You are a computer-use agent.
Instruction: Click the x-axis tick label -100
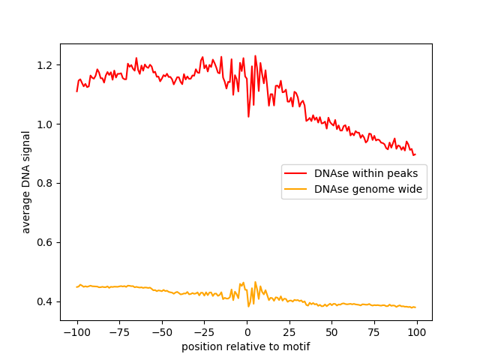pyautogui.click(x=76, y=333)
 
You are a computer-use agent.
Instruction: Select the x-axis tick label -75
pyautogui.click(x=119, y=333)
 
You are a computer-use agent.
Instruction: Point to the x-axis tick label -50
pyautogui.click(x=162, y=333)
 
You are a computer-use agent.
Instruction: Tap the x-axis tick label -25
pyautogui.click(x=204, y=333)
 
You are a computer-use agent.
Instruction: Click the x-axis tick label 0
pyautogui.click(x=247, y=333)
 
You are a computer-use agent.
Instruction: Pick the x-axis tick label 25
pyautogui.click(x=289, y=333)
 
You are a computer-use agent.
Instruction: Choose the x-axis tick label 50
pyautogui.click(x=331, y=333)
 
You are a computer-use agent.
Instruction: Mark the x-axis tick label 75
pyautogui.click(x=374, y=333)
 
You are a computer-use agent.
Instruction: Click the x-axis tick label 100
pyautogui.click(x=417, y=333)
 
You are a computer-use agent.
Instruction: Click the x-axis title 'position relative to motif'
pyautogui.click(x=246, y=347)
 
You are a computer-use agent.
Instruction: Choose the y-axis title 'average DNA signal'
pyautogui.click(x=26, y=182)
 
